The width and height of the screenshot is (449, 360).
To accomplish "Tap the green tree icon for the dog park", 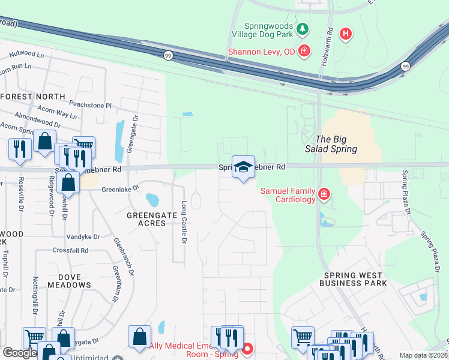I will [304, 28].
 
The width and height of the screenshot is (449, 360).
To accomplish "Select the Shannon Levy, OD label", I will [261, 52].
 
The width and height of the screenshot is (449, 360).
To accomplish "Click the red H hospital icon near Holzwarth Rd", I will [345, 34].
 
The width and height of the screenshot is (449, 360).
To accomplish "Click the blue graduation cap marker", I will [243, 167].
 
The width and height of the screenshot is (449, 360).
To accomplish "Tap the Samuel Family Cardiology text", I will [288, 195].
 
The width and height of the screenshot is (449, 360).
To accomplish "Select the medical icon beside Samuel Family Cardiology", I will [324, 194].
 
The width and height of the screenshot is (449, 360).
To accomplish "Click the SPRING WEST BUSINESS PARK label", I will [355, 279].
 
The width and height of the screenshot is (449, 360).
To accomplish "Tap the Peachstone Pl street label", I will [91, 105].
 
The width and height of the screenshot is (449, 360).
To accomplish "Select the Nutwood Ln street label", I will [23, 55].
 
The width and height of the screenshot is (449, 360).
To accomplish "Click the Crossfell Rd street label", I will [70, 250].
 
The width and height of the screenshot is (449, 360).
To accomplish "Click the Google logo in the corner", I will [20, 353].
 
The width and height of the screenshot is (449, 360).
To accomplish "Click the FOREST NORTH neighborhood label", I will [33, 97].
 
